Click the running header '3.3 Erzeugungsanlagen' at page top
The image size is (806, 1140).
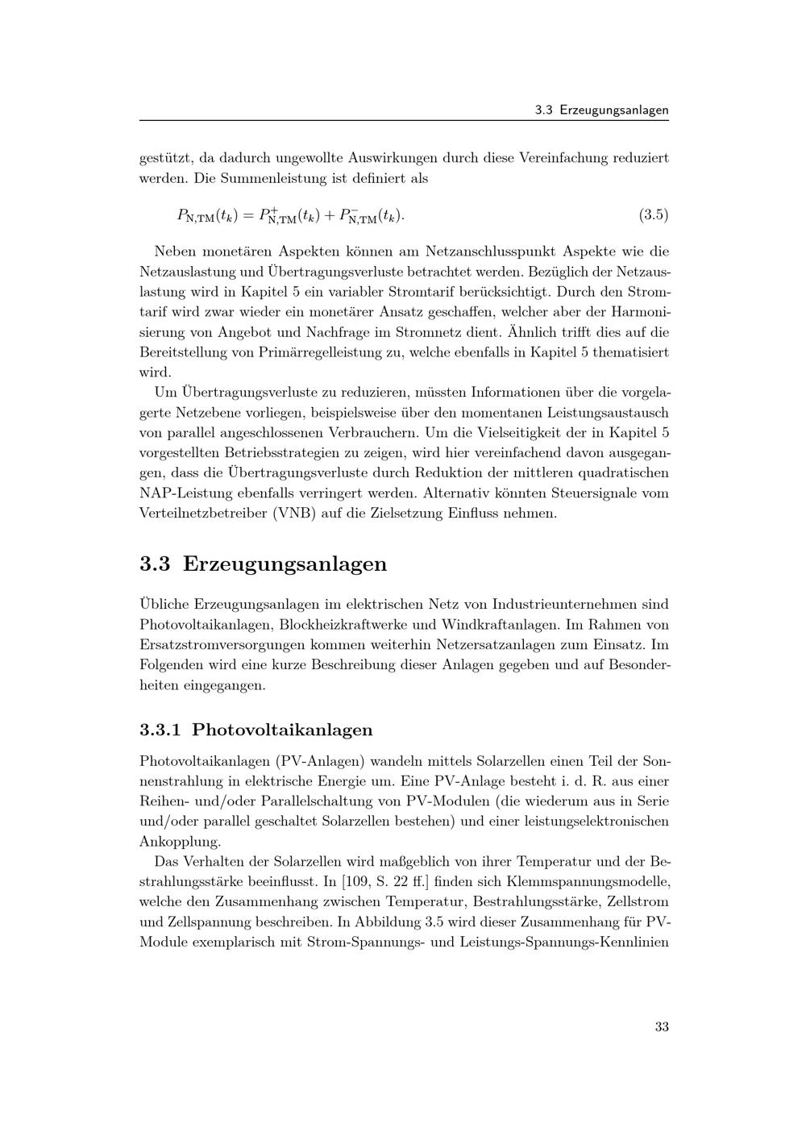click(601, 110)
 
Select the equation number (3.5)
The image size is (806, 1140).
click(653, 215)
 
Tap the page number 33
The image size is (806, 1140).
click(662, 1026)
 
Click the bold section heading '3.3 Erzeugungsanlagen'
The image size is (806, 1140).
click(263, 564)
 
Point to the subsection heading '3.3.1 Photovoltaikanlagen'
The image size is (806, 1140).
click(256, 730)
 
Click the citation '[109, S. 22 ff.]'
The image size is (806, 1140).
click(386, 881)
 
